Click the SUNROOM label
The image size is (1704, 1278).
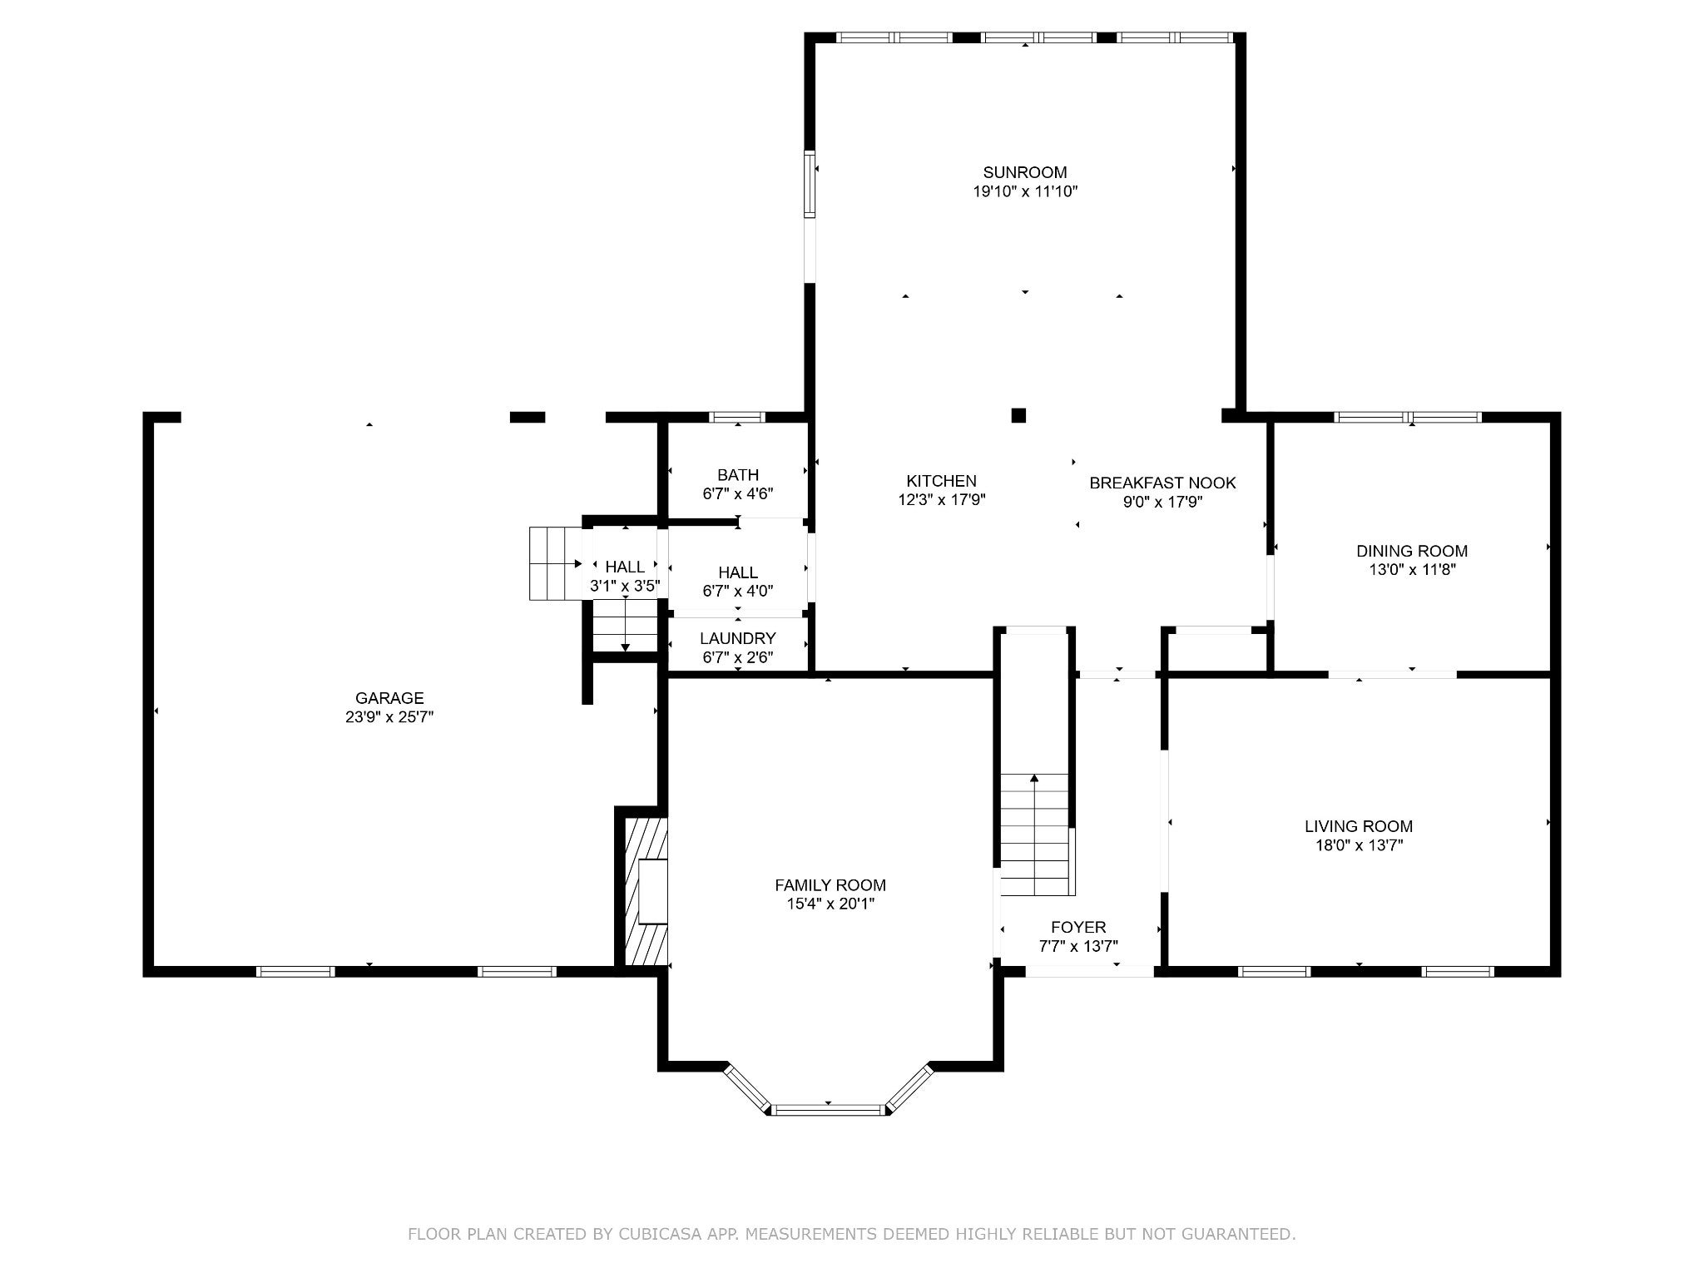coord(1024,172)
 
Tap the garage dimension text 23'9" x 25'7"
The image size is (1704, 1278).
coord(389,716)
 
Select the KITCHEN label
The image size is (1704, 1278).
coord(941,481)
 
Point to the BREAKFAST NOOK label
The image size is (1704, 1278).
coord(1162,483)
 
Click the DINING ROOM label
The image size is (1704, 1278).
coord(1411,551)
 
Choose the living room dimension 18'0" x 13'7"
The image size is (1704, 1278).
coord(1358,845)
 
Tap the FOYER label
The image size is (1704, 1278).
coord(1078,927)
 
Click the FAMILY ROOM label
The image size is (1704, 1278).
coord(830,885)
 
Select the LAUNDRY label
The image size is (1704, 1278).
coord(737,638)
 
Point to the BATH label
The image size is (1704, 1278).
coord(737,475)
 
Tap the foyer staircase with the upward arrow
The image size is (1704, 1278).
coord(1034,832)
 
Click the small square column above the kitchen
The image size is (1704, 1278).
coord(1018,415)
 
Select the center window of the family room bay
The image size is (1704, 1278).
coord(828,1109)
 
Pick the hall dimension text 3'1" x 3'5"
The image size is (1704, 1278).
coord(625,586)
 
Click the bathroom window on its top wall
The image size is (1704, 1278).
coord(737,417)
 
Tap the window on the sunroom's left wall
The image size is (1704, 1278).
coord(809,183)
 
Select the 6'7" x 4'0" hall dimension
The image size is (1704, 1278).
coord(737,592)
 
